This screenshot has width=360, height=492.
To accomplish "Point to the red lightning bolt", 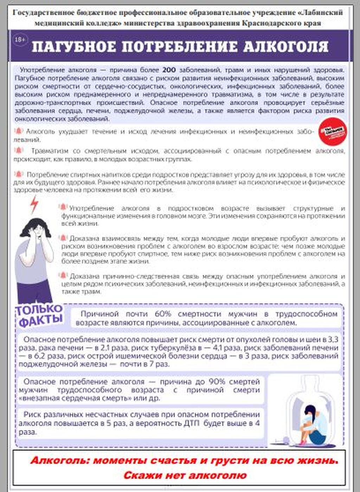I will click(34, 205).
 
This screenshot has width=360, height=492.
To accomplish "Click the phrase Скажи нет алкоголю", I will click(185, 475).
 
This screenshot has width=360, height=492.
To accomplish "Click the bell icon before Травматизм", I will click(18, 151).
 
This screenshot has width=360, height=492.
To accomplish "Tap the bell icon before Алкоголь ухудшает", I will click(18, 131).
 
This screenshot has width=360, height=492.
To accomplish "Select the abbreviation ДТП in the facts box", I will click(192, 423).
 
